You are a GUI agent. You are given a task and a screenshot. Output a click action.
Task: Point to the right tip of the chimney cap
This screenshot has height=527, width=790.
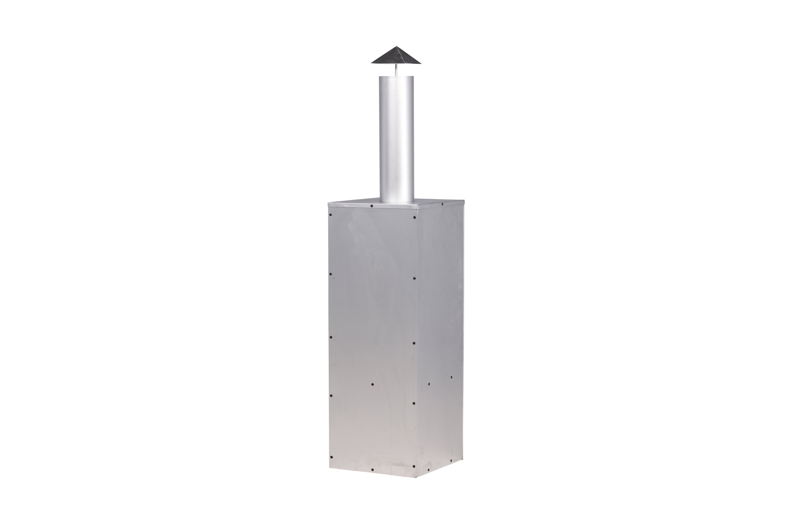click(420, 62)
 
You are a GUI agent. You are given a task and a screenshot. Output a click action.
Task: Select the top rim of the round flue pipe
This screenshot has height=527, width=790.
click(397, 77)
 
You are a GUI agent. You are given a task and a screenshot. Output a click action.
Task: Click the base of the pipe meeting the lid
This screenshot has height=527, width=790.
click(397, 202)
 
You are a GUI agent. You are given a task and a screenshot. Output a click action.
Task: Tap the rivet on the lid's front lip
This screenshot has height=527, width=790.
click(371, 205)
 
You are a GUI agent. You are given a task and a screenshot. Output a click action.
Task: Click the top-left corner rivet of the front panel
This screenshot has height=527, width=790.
click(331, 215)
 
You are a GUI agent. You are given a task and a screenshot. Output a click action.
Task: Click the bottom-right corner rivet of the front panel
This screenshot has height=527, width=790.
click(414, 466)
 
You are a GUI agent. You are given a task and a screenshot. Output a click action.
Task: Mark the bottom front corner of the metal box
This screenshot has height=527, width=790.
click(416, 477)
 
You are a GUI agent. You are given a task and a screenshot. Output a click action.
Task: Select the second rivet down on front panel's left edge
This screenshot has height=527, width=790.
click(331, 274)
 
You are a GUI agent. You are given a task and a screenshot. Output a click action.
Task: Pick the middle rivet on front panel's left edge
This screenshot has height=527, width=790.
click(331, 337)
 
